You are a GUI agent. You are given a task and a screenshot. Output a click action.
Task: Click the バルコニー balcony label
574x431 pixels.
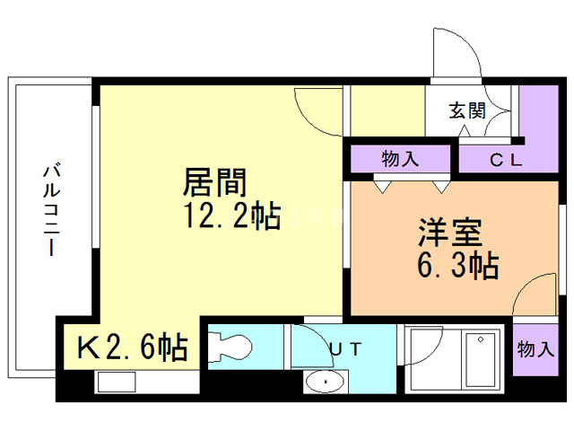(51, 209)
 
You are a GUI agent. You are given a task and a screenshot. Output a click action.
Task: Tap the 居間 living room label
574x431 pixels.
(214, 184)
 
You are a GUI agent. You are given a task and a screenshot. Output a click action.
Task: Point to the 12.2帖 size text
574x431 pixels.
(232, 217)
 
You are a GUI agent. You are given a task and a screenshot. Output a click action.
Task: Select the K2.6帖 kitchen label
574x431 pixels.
(134, 346)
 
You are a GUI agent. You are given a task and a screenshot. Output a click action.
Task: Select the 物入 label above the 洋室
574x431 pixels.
(400, 160)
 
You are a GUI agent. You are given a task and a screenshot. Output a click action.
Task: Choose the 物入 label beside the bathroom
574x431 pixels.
(535, 349)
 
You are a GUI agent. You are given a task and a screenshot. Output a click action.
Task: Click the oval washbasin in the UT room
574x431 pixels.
(323, 383)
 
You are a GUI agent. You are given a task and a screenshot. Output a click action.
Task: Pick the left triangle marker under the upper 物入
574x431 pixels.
(383, 186)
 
